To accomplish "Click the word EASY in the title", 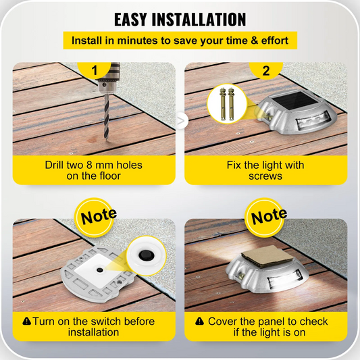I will click(x=138, y=19).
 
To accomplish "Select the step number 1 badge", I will click(x=95, y=70).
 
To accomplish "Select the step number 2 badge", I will click(x=265, y=70).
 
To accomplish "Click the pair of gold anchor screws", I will click(x=224, y=104).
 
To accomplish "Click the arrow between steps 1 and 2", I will click(x=180, y=121).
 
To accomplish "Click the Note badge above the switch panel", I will click(x=99, y=217).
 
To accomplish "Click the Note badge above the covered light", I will click(x=269, y=217).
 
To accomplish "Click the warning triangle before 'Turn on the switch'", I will click(x=26, y=322).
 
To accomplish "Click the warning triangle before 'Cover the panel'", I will click(x=199, y=322).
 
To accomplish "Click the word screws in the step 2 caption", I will click(x=265, y=176).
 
